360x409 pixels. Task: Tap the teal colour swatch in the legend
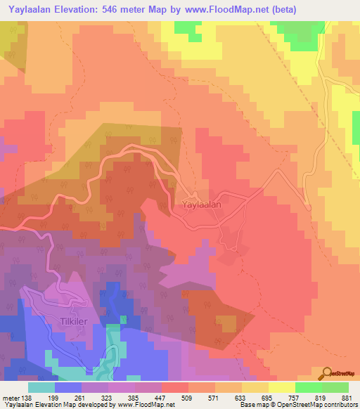(41, 387)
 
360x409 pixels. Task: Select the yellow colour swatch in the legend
(282, 387)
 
